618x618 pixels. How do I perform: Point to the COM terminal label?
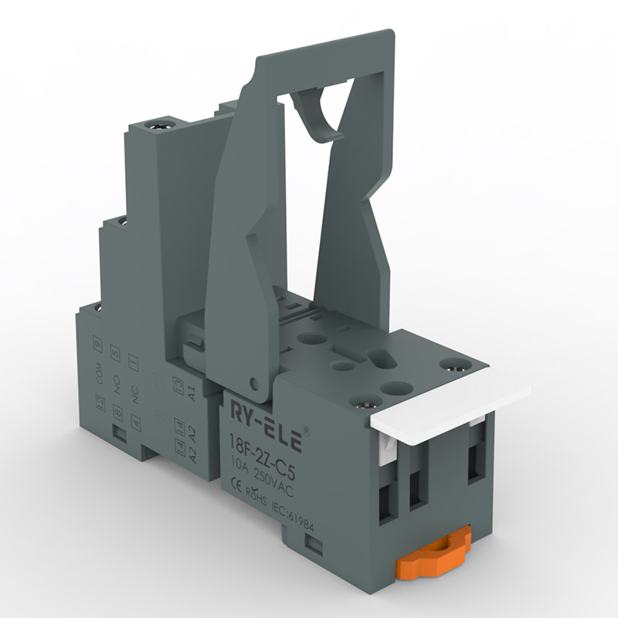point(99,375)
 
